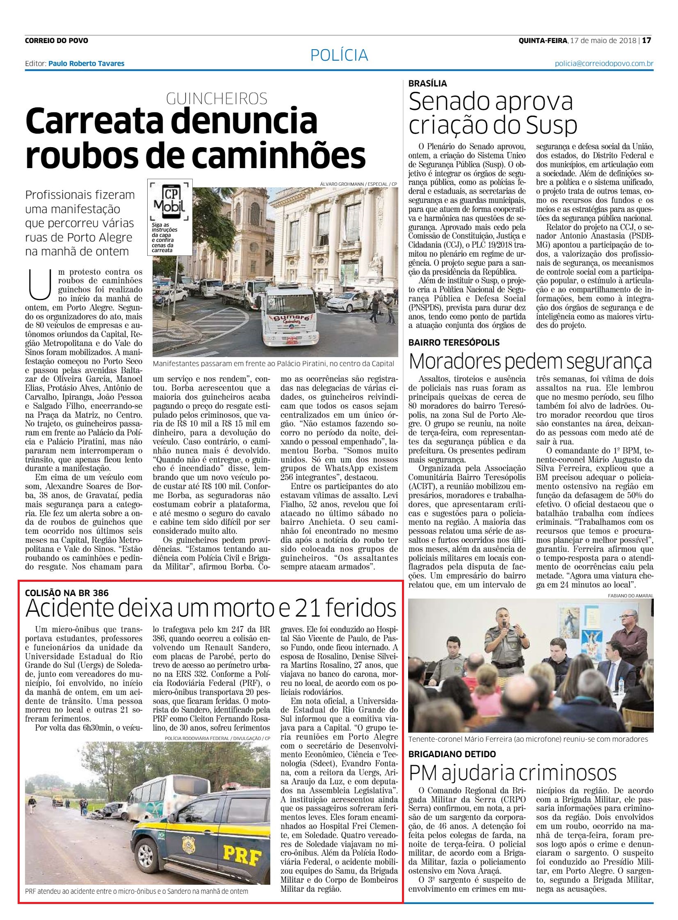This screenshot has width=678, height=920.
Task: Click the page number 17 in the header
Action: [647, 40]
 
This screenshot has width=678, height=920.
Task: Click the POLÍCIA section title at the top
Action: [338, 55]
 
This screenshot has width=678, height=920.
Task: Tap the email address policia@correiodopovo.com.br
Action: [604, 64]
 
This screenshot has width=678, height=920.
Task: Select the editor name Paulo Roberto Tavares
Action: [86, 64]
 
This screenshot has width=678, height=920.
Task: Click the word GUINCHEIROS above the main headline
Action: [217, 98]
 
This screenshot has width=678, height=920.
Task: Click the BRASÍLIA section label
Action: [428, 83]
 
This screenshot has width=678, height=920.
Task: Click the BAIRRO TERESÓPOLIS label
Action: [454, 342]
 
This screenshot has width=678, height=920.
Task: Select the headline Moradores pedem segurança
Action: [531, 361]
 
